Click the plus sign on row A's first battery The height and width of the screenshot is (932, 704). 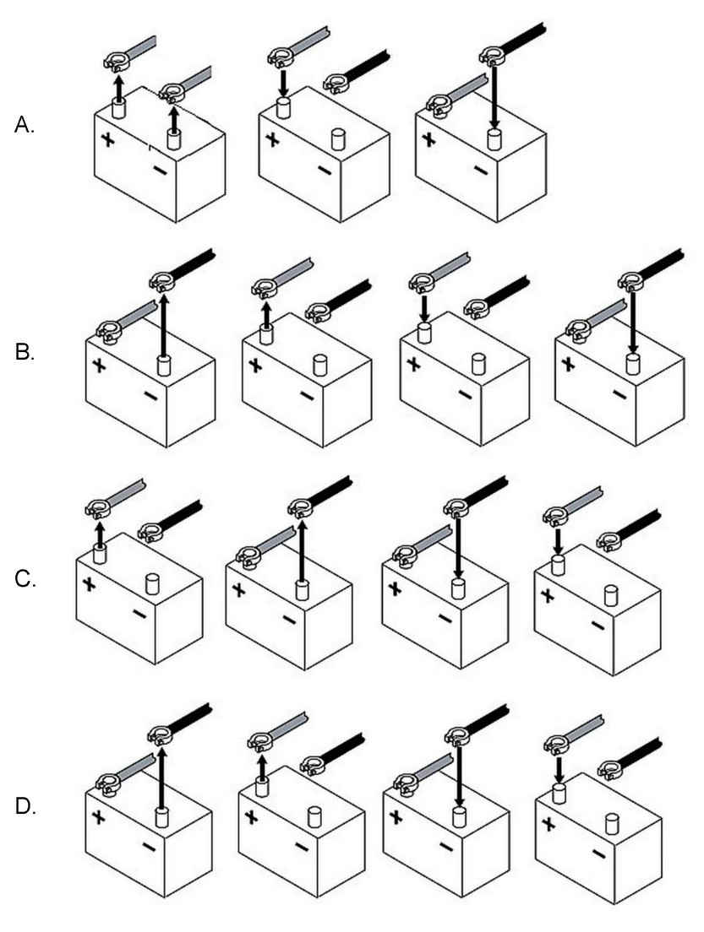[108, 140]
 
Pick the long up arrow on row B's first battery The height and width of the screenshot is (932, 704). [161, 321]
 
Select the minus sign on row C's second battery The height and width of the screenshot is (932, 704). [289, 620]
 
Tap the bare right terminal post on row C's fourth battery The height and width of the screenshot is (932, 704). [610, 594]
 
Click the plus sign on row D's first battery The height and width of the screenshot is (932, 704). [99, 817]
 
